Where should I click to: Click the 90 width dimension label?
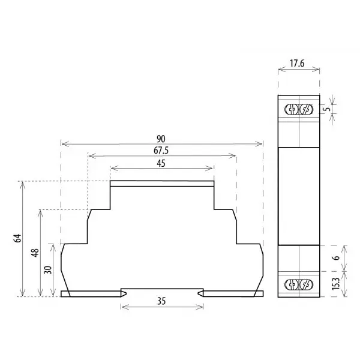point(161,139)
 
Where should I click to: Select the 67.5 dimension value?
point(161,151)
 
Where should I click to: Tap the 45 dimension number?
point(161,163)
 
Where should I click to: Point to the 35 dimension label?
point(161,301)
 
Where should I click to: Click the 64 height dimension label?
point(17,238)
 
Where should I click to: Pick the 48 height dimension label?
point(35,253)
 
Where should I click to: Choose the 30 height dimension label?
point(48,270)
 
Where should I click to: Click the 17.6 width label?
point(297,64)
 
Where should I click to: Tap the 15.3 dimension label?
point(335,284)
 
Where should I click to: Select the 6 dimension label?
point(337,257)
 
